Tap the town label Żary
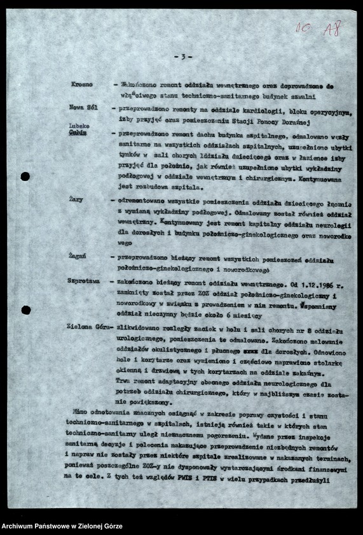click(x=76, y=199)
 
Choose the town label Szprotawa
click(x=85, y=280)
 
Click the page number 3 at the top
click(x=182, y=57)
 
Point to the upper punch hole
click(x=25, y=176)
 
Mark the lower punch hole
click(x=25, y=310)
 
